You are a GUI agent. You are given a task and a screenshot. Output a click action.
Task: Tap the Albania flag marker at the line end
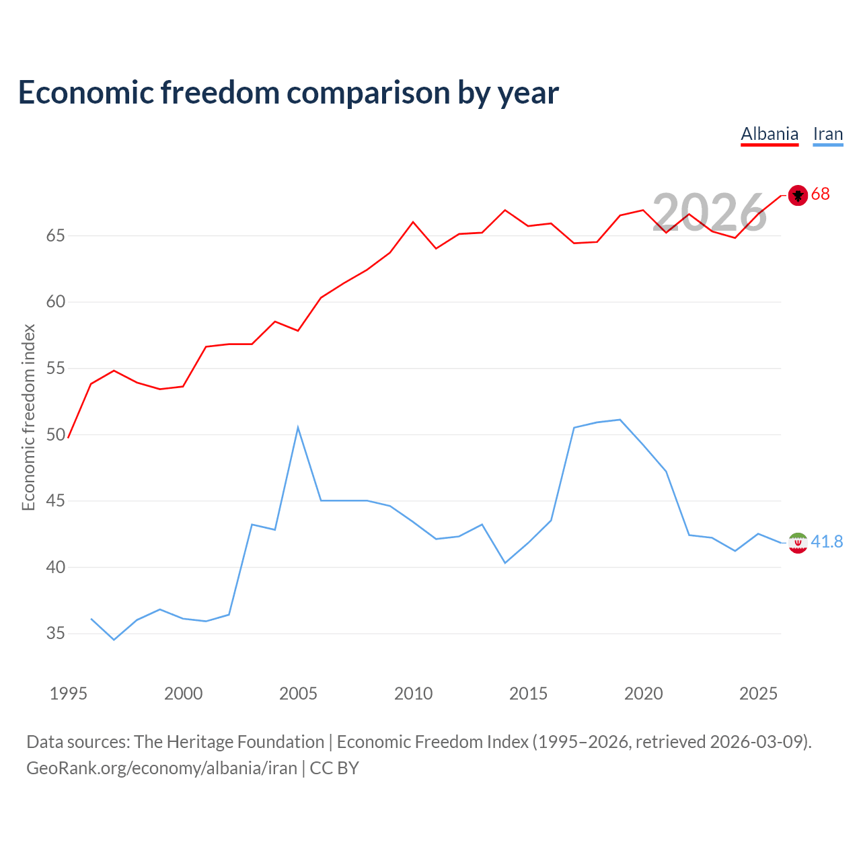click(798, 195)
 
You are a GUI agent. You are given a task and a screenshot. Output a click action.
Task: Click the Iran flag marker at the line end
click(798, 544)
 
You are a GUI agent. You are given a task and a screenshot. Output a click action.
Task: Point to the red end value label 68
click(821, 194)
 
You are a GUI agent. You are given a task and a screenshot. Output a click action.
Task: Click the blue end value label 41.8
click(827, 541)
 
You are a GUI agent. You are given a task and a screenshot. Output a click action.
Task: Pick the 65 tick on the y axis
click(56, 235)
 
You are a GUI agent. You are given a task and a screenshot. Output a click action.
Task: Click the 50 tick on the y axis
click(56, 435)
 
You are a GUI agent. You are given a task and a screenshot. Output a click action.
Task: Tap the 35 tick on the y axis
click(56, 633)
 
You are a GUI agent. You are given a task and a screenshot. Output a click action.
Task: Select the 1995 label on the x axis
click(69, 694)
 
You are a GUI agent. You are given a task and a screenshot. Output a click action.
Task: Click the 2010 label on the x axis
click(413, 694)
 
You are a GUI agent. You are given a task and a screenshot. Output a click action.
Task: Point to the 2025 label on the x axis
click(758, 694)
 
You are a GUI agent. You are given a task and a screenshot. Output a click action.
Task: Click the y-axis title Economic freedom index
click(28, 417)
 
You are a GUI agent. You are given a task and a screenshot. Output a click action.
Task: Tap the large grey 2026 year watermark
click(710, 213)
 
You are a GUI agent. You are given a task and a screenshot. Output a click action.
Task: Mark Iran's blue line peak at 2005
click(298, 428)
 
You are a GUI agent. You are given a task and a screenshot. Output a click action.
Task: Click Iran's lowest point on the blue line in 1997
click(114, 640)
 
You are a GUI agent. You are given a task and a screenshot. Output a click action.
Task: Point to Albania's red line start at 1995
click(68, 437)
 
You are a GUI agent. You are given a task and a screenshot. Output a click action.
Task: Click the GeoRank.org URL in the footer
click(161, 768)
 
